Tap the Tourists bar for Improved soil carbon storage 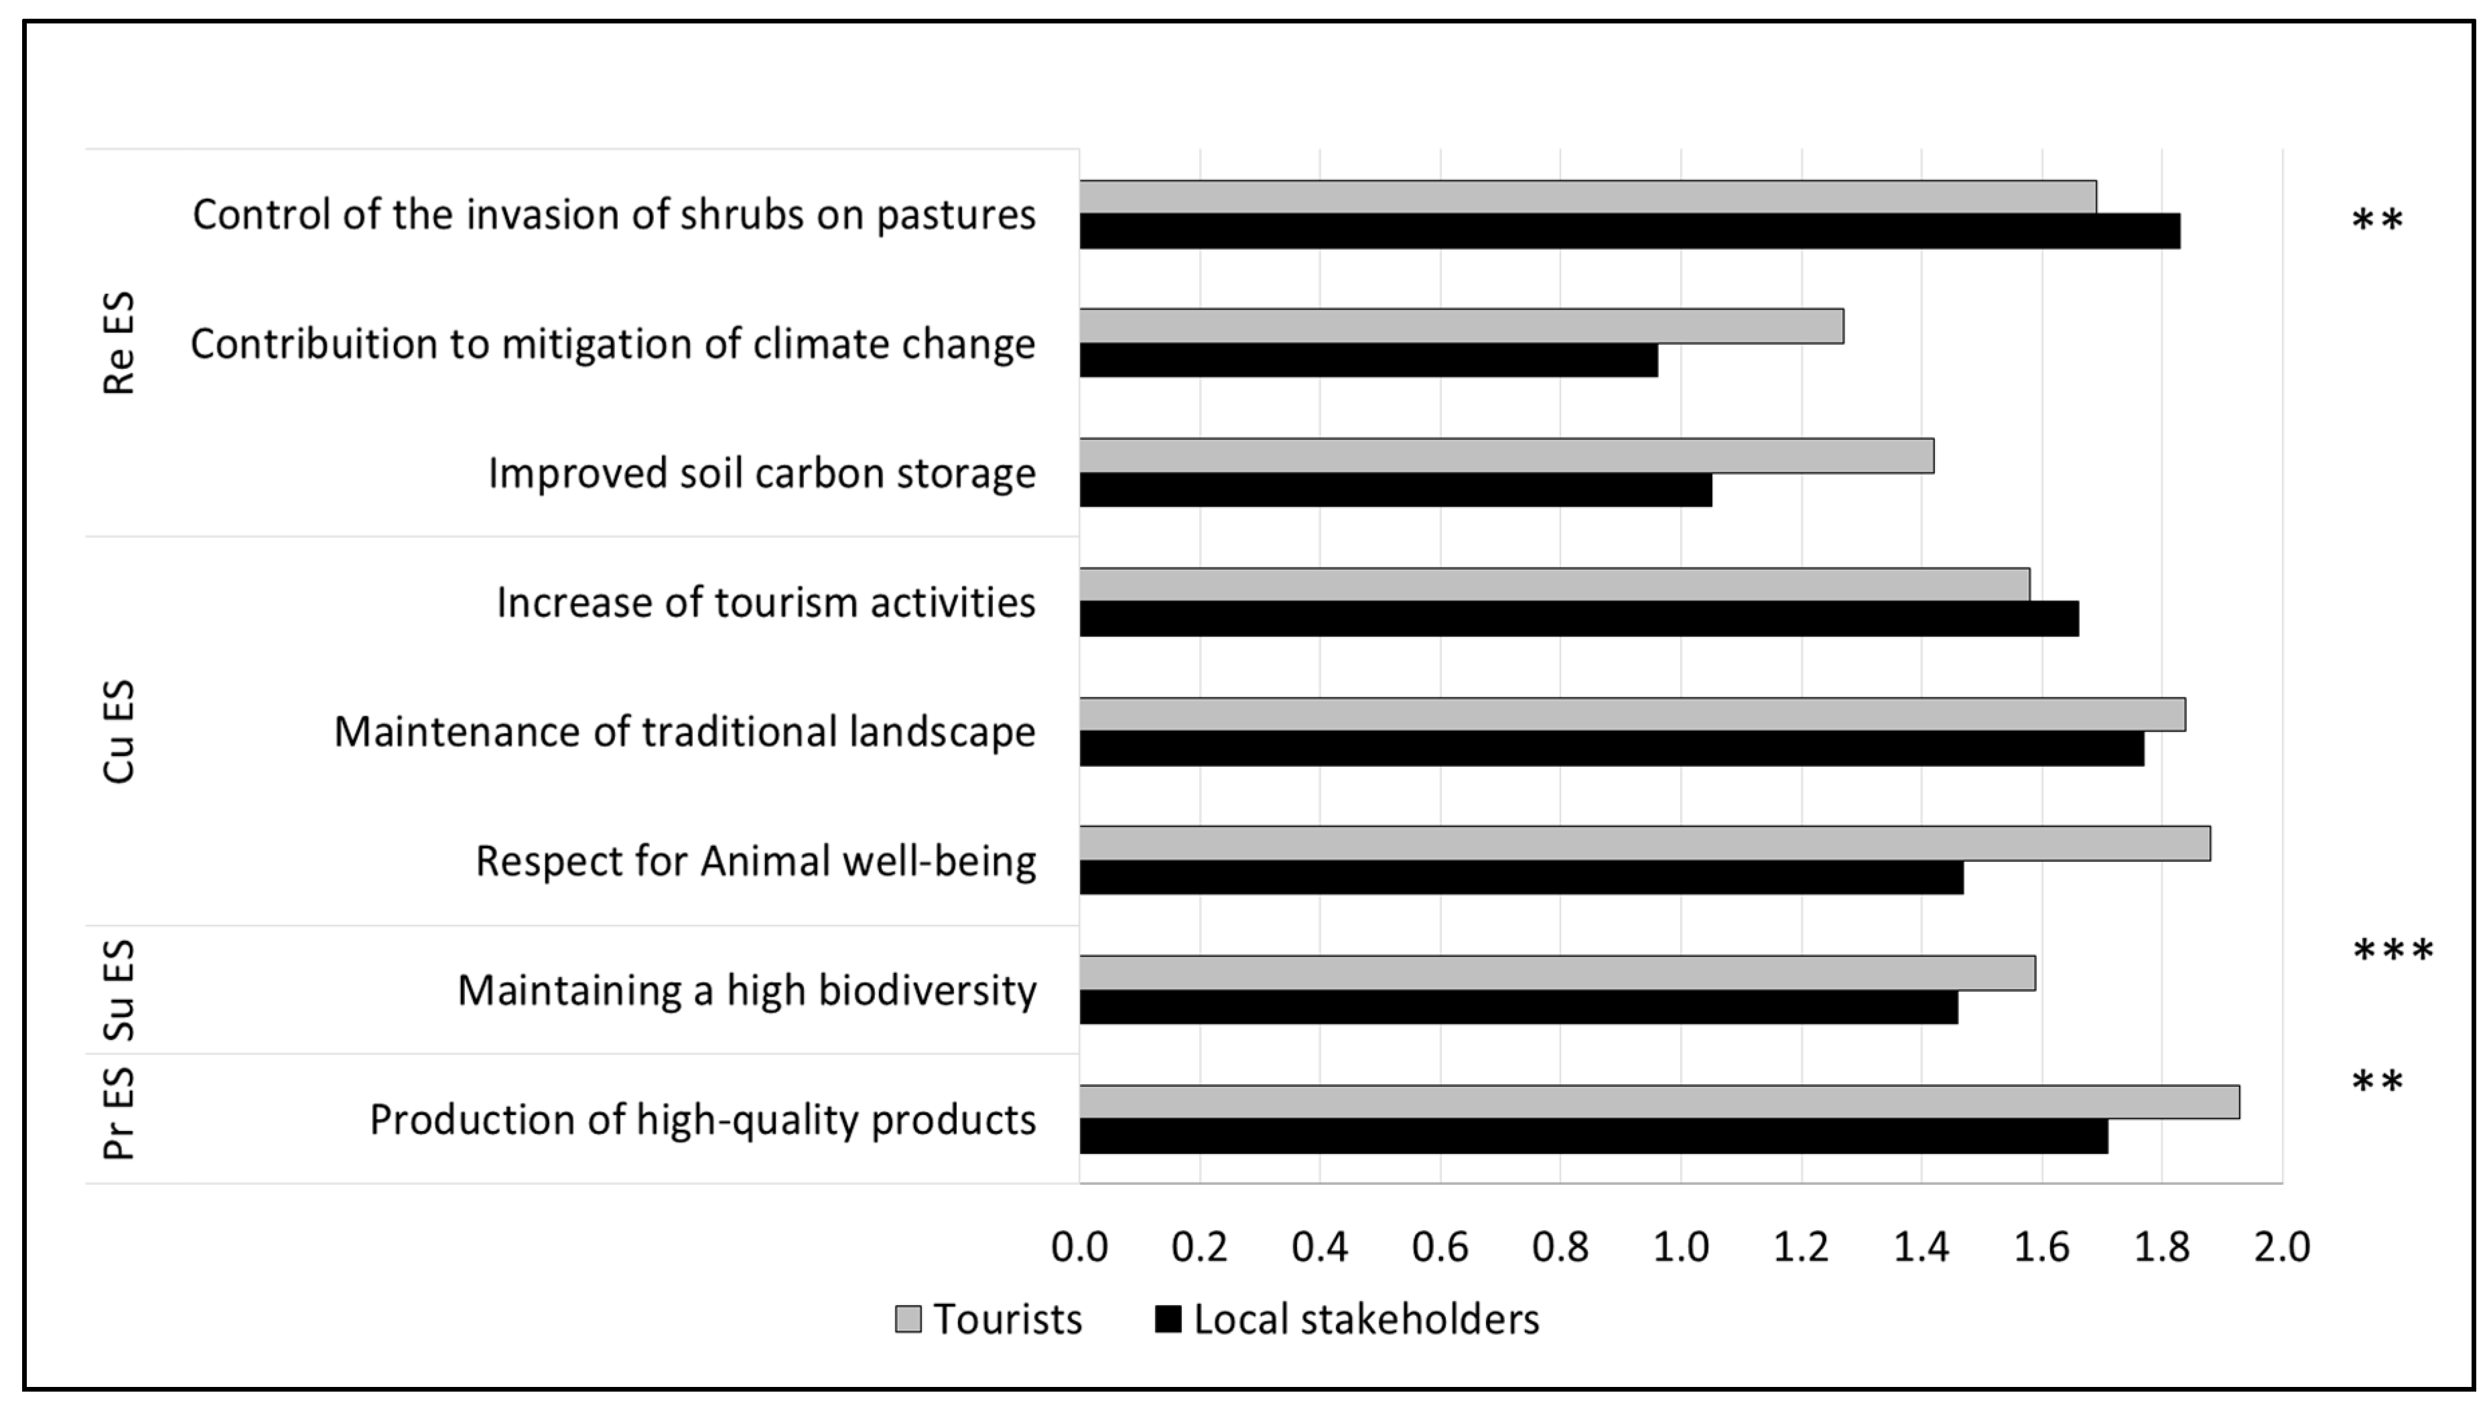(1505, 455)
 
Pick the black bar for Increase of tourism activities (1578, 619)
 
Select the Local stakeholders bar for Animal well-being (1521, 877)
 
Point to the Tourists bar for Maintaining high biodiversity (1557, 972)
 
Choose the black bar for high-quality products (1593, 1136)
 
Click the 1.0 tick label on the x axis (1680, 1247)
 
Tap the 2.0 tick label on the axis (2282, 1247)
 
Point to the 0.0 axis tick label (1079, 1247)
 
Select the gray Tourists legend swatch (908, 1319)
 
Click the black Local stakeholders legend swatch (1168, 1319)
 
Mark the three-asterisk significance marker (2393, 952)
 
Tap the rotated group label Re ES (119, 344)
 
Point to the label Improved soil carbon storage (761, 473)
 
